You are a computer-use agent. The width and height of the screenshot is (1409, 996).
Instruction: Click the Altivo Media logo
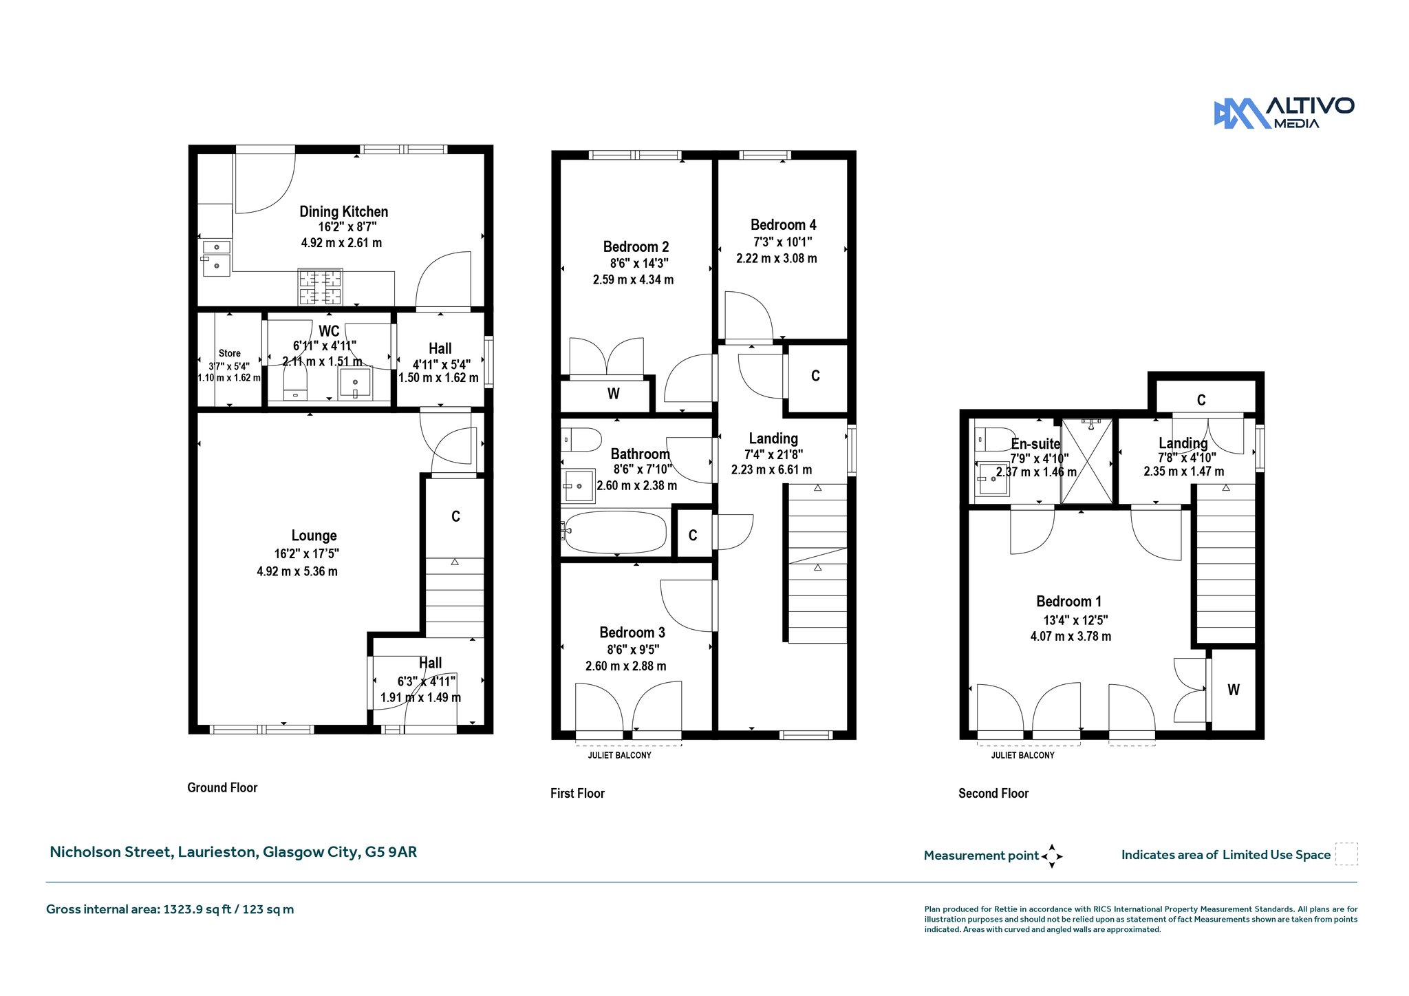click(x=1284, y=113)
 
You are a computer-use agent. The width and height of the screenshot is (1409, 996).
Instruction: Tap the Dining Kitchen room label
click(x=343, y=211)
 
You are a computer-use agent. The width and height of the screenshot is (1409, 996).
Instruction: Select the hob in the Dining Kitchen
click(x=320, y=287)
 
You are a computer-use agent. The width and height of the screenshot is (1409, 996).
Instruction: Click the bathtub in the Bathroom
click(x=615, y=532)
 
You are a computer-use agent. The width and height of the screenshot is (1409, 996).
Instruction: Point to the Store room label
click(x=230, y=353)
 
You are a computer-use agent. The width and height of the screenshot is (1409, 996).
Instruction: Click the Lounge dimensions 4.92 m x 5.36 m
click(x=297, y=571)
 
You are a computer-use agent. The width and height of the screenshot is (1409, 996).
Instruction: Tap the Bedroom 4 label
click(x=783, y=224)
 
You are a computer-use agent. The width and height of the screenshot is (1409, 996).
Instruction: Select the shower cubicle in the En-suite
click(x=1087, y=460)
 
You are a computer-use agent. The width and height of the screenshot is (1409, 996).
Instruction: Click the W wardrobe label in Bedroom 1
click(x=1234, y=690)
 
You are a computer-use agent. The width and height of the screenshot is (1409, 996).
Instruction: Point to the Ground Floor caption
click(x=222, y=787)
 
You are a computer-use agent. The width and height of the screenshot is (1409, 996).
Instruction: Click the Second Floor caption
click(x=993, y=793)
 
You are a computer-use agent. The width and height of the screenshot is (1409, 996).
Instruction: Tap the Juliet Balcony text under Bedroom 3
click(x=619, y=755)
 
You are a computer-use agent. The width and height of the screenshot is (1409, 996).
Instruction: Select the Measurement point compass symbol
click(x=1052, y=856)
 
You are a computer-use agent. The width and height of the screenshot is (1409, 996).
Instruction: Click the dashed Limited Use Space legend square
click(x=1346, y=854)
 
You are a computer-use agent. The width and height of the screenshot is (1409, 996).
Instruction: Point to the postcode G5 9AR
click(x=391, y=851)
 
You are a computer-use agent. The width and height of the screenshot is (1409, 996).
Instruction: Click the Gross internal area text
click(x=170, y=909)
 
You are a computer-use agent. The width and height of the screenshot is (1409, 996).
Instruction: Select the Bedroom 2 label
click(x=636, y=246)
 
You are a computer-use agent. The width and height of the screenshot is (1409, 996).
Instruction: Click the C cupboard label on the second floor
click(x=1201, y=400)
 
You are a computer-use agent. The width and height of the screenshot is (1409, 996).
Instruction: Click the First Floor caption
click(x=577, y=793)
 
